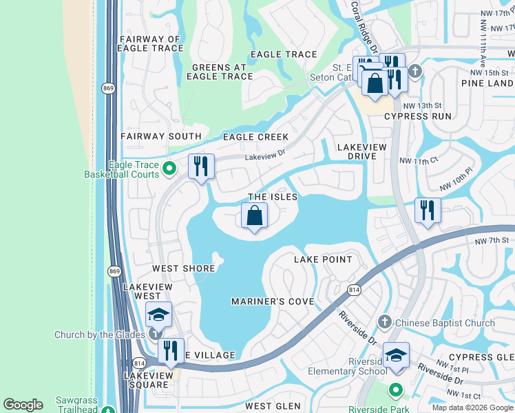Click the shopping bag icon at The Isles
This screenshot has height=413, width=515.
tap(255, 216)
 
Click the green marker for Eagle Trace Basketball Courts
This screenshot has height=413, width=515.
tap(170, 166)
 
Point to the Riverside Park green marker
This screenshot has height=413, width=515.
tap(395, 390)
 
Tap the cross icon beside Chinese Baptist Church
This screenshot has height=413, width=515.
tap(384, 322)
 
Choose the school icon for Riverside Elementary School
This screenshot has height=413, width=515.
tap(396, 355)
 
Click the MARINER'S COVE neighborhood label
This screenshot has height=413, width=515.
tap(273, 301)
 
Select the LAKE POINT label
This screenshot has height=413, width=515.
tap(323, 260)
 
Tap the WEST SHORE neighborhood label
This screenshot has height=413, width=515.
tap(180, 268)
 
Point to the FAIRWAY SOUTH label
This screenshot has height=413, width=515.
tap(160, 136)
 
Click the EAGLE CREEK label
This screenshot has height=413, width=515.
tap(255, 137)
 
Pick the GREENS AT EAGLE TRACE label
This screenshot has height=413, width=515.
tap(220, 72)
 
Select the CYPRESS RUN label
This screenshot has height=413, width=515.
tap(418, 116)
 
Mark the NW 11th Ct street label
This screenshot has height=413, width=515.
tap(419, 160)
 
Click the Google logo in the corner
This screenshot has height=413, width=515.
tap(23, 405)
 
